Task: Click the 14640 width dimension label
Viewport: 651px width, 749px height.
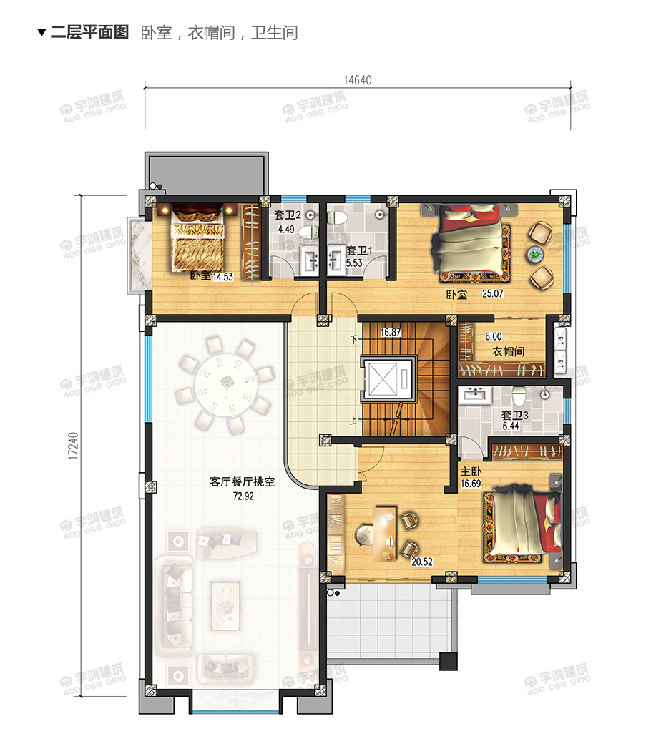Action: [357, 80]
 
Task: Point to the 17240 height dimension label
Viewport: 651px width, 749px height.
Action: [72, 446]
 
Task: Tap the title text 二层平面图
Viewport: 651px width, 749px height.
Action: [90, 32]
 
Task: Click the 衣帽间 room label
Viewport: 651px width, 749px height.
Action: [508, 352]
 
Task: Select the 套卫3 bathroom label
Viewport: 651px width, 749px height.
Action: [514, 415]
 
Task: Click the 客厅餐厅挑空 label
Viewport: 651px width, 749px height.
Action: [242, 481]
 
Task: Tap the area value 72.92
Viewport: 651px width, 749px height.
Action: [243, 496]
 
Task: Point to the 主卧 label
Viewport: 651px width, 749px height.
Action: [471, 472]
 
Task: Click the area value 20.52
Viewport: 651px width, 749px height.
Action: [422, 562]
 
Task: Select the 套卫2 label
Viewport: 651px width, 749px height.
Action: [287, 215]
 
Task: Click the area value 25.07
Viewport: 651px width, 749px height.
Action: [492, 293]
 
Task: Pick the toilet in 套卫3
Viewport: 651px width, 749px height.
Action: [519, 396]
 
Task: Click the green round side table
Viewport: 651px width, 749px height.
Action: [535, 254]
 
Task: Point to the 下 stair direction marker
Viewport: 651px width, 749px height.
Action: [353, 340]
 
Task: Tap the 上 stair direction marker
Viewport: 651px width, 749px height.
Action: [353, 421]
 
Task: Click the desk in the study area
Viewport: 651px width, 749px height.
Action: [384, 534]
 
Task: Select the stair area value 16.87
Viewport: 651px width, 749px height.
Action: [391, 332]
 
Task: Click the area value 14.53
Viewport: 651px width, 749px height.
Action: [222, 277]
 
